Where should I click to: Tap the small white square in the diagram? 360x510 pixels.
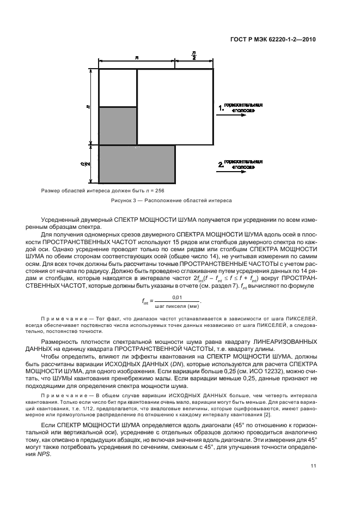click(117, 88)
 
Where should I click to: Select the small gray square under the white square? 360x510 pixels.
click(117, 126)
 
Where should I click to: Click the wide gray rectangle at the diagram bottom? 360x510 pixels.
click(137, 164)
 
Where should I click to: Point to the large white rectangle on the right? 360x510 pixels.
click(175, 107)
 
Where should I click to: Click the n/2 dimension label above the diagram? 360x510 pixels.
click(194, 56)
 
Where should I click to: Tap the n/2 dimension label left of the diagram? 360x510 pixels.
click(88, 163)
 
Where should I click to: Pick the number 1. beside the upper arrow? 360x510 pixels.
click(221, 108)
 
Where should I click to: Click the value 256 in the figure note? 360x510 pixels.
click(157, 191)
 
